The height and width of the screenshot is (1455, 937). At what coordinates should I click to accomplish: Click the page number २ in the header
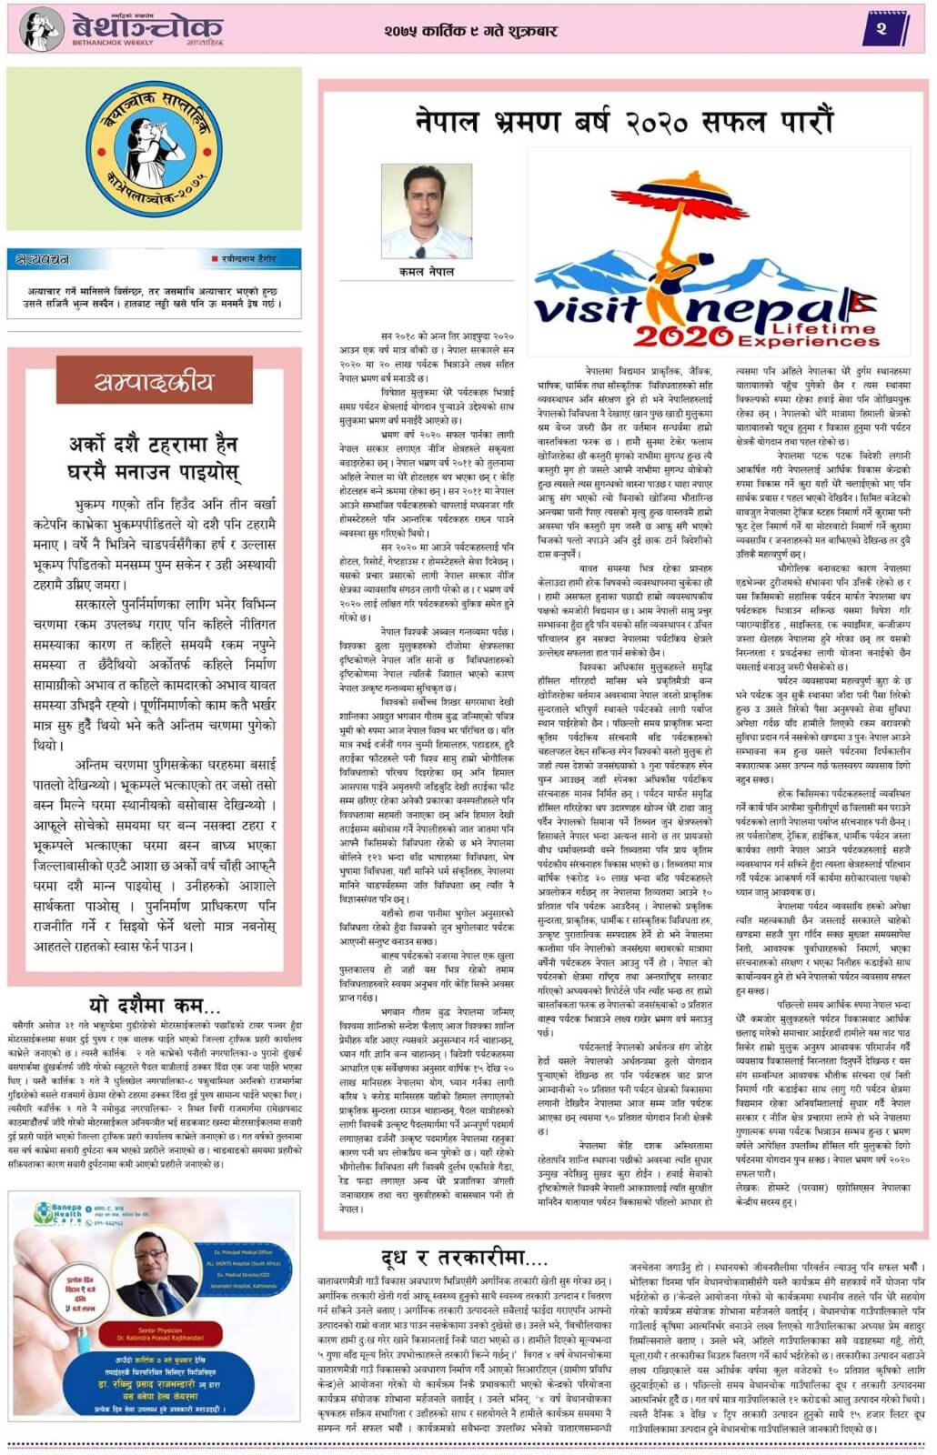click(x=881, y=29)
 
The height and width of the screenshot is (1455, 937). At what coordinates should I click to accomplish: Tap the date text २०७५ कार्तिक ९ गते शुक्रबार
click(x=470, y=31)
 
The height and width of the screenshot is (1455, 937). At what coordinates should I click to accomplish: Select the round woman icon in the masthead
click(x=41, y=29)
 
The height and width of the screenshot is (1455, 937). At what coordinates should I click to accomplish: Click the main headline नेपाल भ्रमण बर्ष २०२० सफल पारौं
click(x=623, y=121)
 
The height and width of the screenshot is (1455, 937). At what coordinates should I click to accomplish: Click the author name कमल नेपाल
click(x=427, y=272)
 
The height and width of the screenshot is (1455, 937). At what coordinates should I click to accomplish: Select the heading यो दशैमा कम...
click(x=155, y=1005)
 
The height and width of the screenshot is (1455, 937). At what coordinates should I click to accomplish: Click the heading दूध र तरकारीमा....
click(x=464, y=1259)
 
